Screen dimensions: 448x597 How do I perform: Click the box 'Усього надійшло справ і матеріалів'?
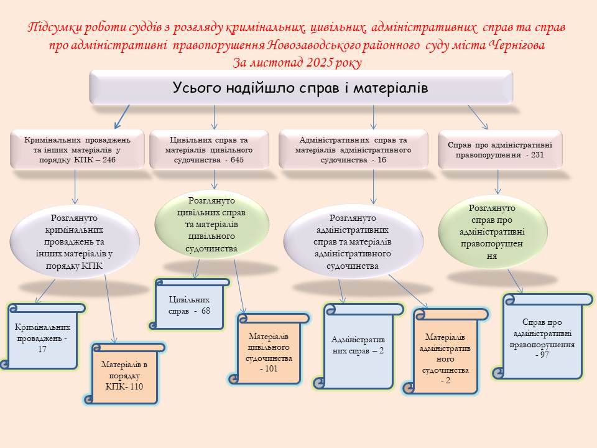tap(301, 87)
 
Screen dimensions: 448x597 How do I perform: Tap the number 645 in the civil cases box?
tap(236, 160)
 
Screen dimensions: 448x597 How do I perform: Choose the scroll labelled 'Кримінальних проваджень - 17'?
tap(43, 338)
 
